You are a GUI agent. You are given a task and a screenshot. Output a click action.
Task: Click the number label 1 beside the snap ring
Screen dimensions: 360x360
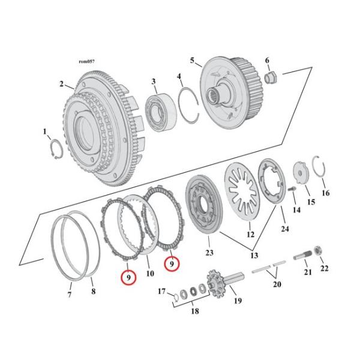[43, 130]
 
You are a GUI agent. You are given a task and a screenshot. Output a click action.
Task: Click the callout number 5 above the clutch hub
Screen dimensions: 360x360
[192, 60]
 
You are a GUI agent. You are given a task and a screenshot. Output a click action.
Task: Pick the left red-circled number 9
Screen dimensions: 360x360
[127, 277]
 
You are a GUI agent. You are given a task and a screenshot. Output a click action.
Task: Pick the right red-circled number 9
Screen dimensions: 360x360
[171, 263]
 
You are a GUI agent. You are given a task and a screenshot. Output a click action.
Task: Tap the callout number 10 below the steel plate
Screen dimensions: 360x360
[150, 274]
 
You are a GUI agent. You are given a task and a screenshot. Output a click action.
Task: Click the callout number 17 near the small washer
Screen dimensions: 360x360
[160, 292]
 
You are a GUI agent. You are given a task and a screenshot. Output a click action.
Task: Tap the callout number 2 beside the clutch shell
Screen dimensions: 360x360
[61, 84]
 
